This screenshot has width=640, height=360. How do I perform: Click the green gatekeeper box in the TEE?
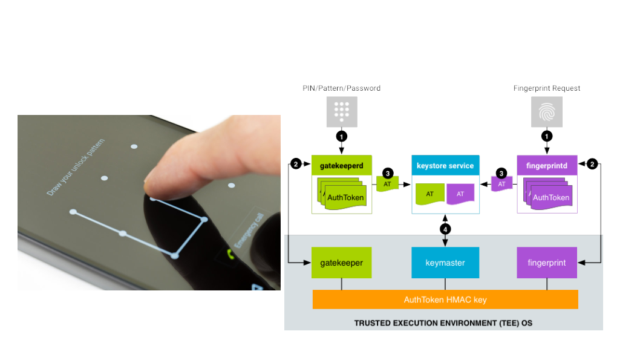click(341, 263)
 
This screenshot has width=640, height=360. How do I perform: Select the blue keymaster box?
click(445, 263)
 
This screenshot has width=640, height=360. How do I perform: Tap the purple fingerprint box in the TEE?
click(547, 263)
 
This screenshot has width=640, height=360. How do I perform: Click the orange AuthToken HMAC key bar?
click(445, 299)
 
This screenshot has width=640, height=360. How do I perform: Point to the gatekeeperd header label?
click(342, 165)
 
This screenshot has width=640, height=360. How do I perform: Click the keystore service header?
click(445, 165)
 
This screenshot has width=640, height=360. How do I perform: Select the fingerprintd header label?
click(547, 165)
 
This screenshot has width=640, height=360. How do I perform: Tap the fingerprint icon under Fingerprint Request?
click(547, 112)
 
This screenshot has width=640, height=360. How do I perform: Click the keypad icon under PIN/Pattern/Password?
click(342, 112)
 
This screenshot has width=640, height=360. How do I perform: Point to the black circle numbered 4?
click(445, 229)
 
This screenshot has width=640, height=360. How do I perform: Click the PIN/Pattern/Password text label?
click(342, 88)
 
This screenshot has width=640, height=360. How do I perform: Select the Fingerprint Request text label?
click(547, 88)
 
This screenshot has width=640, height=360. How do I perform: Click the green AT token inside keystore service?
click(429, 194)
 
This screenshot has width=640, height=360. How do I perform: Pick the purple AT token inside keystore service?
click(460, 194)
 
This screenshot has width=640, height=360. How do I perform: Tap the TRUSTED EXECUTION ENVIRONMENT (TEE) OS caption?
click(443, 323)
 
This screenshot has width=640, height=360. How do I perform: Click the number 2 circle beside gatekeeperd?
click(296, 164)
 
